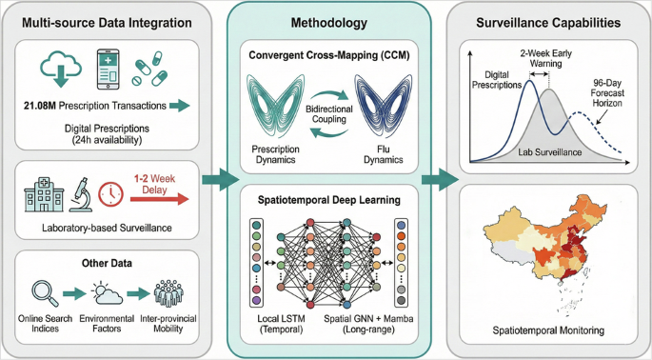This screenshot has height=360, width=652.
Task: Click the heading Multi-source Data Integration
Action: tap(106, 21)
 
